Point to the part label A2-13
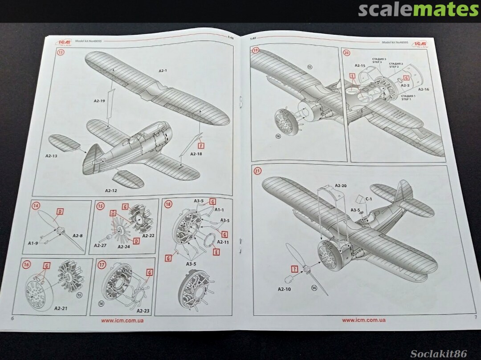coord(51,156)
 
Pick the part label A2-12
coord(111,190)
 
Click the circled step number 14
coord(36,206)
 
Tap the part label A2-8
coord(77,235)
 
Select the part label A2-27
coord(100,245)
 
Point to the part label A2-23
coord(143,311)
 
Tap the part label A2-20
coord(340,186)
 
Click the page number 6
coord(12,318)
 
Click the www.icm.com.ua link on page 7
coord(363,320)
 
